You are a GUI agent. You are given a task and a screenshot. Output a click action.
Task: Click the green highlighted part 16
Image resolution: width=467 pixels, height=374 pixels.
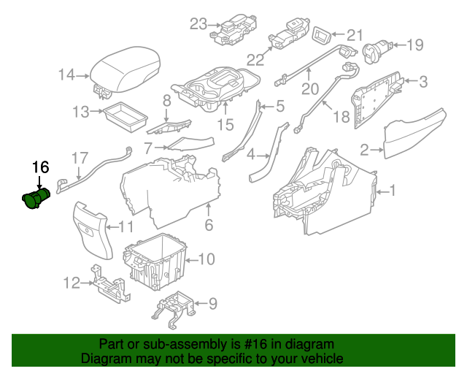(36, 198)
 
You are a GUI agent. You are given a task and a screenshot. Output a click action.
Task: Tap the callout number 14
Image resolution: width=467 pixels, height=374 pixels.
(66, 75)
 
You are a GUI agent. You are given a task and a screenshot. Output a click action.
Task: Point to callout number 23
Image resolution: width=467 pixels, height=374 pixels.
(198, 24)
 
